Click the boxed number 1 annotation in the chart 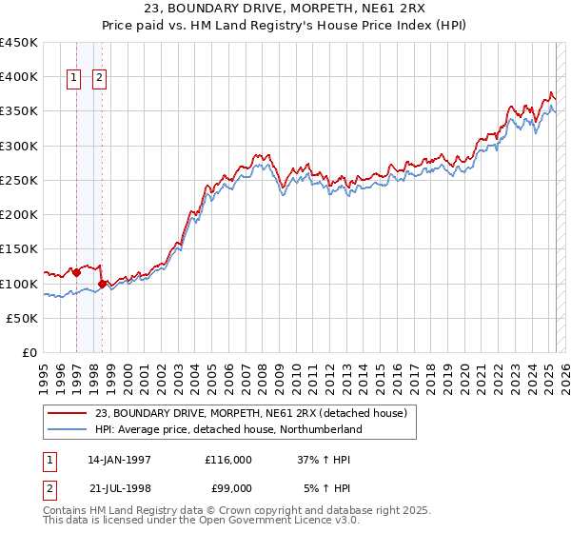[74, 79]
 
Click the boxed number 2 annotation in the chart [99, 79]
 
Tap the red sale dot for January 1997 [77, 272]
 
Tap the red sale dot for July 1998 [102, 284]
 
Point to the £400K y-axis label [19, 77]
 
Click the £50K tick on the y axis [23, 318]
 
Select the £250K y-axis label [19, 180]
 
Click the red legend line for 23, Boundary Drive [67, 413]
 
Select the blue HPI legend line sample [67, 429]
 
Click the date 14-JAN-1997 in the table [119, 460]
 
